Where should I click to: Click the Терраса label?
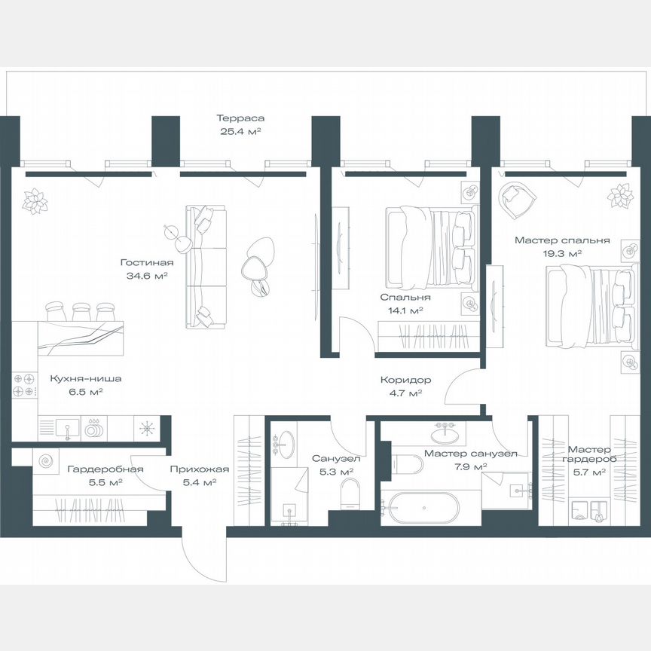pos(240,118)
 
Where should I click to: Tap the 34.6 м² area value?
pos(147,276)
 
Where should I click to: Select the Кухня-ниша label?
pos(86,379)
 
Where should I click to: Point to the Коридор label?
pos(405,380)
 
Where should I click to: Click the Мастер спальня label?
pos(562,240)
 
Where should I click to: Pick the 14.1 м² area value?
pos(405,310)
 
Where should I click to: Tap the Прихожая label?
pos(199,469)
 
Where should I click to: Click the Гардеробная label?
pos(105,469)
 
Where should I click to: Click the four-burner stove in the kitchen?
pos(23,385)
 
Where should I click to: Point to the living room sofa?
pos(206,267)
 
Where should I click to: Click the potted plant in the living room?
pos(35,201)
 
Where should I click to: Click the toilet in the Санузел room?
pos(351,494)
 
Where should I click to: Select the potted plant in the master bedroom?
pos(621,196)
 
